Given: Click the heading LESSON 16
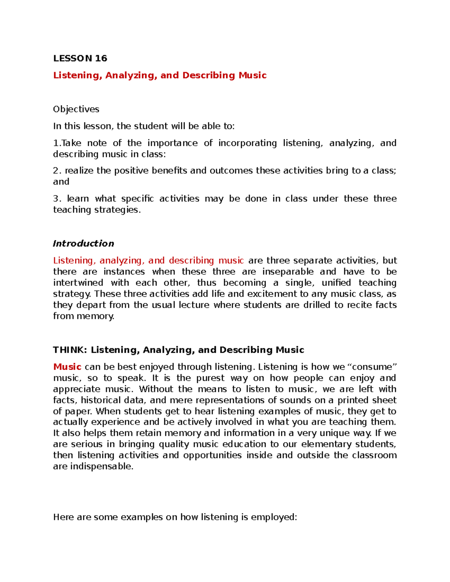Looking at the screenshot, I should [80, 58].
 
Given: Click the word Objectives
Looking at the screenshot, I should [76, 109].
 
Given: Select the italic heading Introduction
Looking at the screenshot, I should [83, 244].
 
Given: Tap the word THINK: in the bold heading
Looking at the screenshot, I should [70, 350].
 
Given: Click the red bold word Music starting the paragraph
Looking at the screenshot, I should [67, 367].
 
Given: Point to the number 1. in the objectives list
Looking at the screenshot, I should [57, 143].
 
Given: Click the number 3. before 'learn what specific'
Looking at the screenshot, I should [57, 199].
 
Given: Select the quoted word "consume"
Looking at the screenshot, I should [372, 367].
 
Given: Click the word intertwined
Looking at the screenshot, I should [78, 283].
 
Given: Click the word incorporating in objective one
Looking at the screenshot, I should [247, 143].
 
